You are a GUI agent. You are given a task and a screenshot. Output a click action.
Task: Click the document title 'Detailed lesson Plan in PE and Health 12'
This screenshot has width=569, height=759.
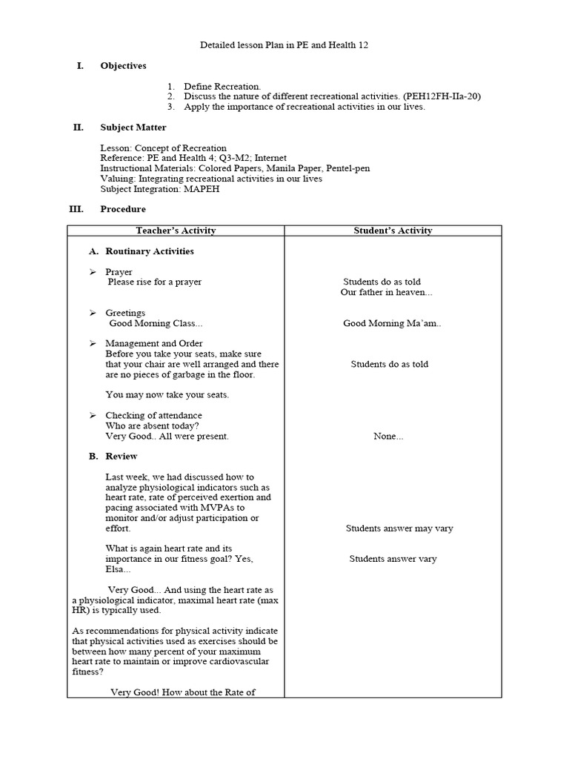[x=284, y=45]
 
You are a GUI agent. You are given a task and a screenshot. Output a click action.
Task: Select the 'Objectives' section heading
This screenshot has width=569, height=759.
[x=123, y=66]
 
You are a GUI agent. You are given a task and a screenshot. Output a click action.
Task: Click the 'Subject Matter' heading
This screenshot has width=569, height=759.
[x=133, y=127]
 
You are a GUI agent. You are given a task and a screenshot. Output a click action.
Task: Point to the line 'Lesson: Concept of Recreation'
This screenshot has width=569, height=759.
[x=163, y=148]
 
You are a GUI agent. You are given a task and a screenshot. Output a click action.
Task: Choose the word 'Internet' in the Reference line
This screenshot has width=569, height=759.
[x=270, y=159]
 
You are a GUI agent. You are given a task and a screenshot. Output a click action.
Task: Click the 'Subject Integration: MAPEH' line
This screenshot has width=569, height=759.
[x=160, y=189]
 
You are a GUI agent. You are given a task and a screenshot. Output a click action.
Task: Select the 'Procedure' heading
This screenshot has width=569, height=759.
[x=123, y=210]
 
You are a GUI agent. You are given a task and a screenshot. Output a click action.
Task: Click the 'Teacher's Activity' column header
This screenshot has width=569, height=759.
[x=176, y=231]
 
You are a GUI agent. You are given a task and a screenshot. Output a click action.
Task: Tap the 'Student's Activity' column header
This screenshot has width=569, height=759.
[x=393, y=231]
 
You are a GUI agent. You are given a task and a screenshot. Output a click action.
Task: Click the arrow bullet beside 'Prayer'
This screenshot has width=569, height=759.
[x=93, y=272]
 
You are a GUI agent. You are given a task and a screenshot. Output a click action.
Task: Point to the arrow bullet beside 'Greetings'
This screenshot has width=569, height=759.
[x=93, y=313]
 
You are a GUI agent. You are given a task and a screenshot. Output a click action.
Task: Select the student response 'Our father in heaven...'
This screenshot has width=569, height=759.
[x=386, y=292]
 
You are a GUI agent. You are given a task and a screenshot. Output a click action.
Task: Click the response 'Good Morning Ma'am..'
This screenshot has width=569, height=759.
[x=392, y=323]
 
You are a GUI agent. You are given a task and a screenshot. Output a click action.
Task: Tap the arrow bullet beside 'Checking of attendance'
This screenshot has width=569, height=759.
[x=93, y=416]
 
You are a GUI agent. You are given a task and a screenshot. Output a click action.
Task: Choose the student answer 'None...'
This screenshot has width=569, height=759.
[x=388, y=437]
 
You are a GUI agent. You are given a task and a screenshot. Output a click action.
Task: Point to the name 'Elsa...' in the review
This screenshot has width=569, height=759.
[x=118, y=569]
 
